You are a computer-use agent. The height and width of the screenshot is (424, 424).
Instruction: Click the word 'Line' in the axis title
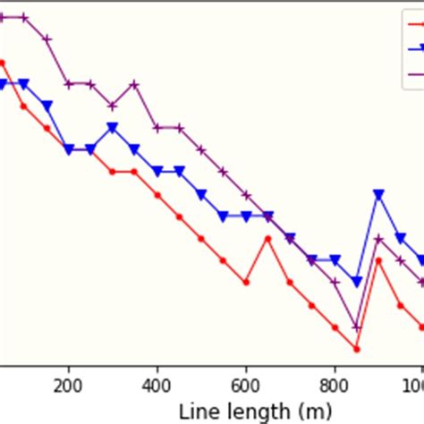(197, 411)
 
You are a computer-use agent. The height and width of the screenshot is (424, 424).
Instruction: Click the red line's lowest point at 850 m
(357, 349)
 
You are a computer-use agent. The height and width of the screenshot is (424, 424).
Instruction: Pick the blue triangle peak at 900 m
(378, 194)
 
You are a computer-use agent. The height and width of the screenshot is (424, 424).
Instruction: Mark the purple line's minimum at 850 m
(357, 326)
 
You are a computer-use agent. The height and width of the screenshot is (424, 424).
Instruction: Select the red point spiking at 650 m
(268, 238)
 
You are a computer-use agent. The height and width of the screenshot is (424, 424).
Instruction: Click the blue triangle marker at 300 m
(113, 128)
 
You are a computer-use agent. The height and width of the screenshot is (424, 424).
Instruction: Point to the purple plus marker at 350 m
(134, 84)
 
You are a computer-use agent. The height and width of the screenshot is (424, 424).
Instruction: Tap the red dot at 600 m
(246, 282)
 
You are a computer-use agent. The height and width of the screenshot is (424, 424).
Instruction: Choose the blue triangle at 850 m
(357, 282)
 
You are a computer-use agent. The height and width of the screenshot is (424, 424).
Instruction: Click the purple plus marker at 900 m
(378, 238)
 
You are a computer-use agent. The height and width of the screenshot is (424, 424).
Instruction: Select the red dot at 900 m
(378, 260)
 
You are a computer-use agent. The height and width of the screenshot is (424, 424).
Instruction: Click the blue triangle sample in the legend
(416, 49)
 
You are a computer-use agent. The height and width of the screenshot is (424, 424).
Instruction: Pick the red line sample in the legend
(416, 25)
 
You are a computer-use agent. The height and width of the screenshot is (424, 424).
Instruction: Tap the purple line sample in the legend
(416, 75)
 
